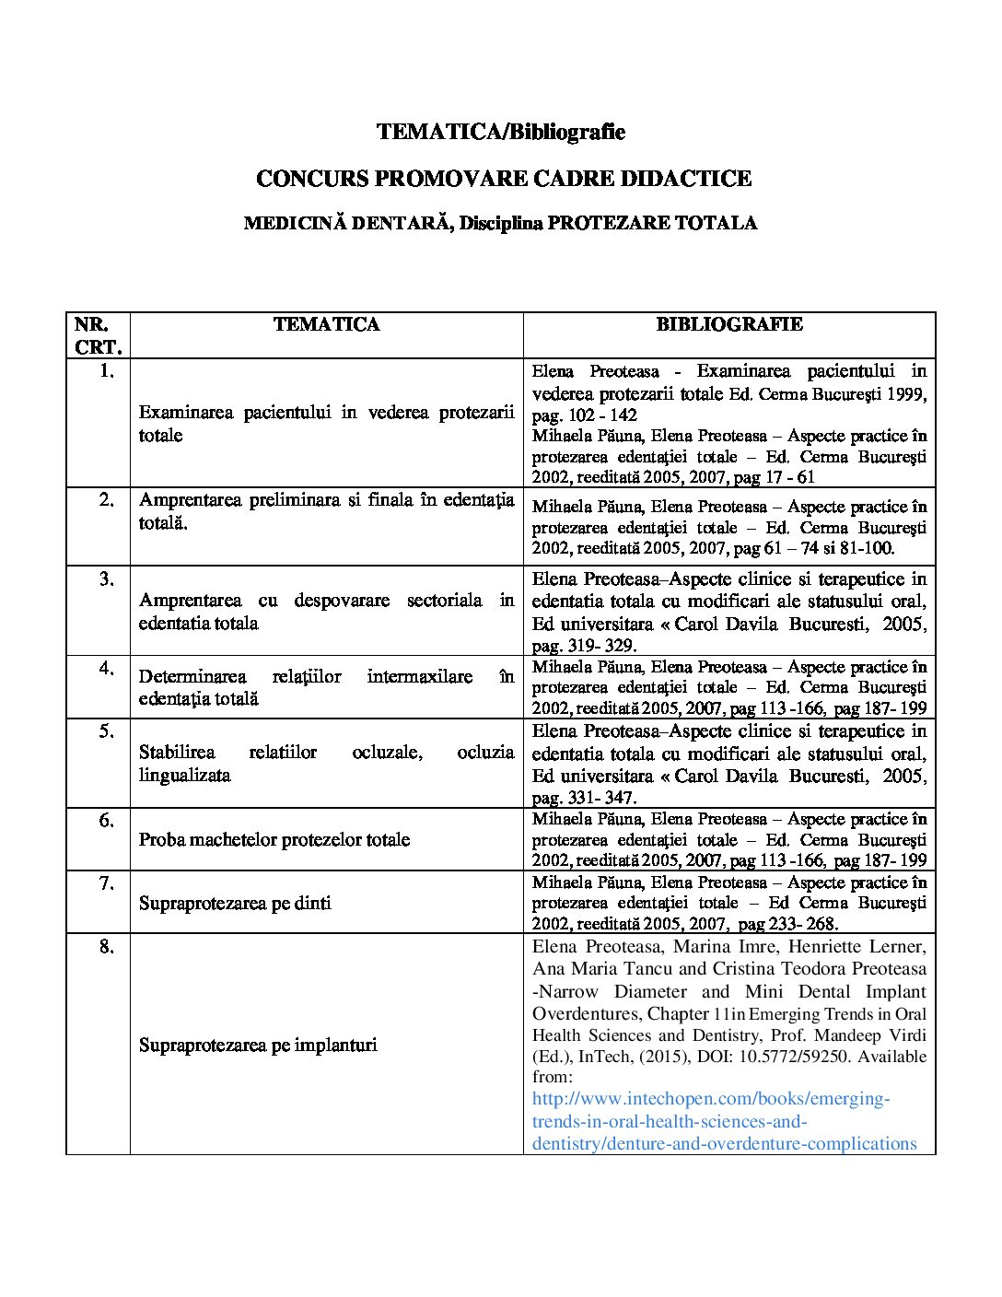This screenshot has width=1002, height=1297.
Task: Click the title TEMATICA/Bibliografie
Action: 501,132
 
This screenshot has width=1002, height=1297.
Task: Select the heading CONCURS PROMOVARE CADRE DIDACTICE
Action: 503,178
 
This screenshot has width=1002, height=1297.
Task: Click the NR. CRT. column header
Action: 97,335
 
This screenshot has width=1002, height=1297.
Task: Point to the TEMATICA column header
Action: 326,324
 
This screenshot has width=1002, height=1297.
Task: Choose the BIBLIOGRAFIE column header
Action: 729,324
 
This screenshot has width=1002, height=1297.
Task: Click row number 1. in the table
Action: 106,371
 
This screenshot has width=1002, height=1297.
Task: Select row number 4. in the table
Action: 106,667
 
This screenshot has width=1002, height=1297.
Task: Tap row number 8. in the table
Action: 106,946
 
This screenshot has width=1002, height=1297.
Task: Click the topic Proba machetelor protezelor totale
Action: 274,839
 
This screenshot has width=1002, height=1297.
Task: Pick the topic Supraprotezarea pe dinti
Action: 235,903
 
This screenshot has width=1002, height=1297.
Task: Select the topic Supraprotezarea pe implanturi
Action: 258,1045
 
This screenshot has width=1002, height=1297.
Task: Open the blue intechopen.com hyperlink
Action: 724,1121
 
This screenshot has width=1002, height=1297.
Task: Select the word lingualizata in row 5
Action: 184,775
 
